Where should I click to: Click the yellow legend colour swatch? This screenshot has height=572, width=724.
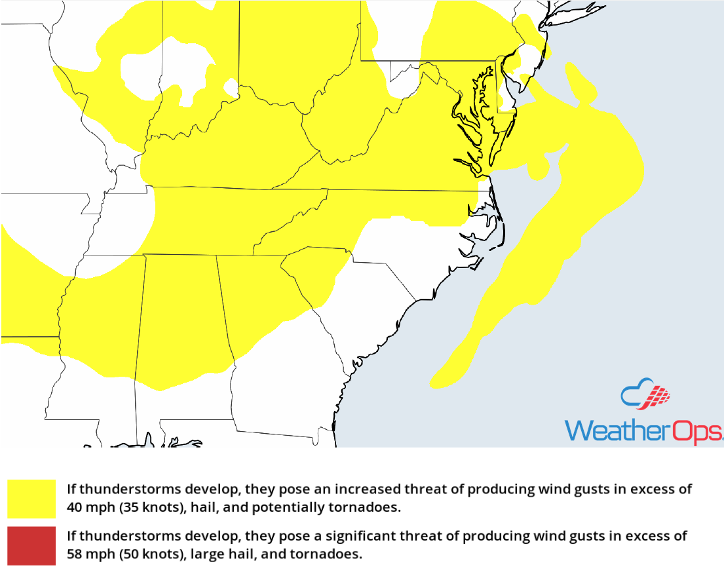[x=31, y=499]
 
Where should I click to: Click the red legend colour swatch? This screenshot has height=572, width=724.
[x=31, y=544]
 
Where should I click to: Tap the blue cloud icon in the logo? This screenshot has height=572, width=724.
[x=635, y=393]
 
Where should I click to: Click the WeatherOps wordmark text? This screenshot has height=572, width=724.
[x=643, y=430]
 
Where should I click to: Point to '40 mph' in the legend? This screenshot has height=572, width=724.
[x=88, y=507]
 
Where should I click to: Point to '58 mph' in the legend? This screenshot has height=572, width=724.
[x=88, y=554]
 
